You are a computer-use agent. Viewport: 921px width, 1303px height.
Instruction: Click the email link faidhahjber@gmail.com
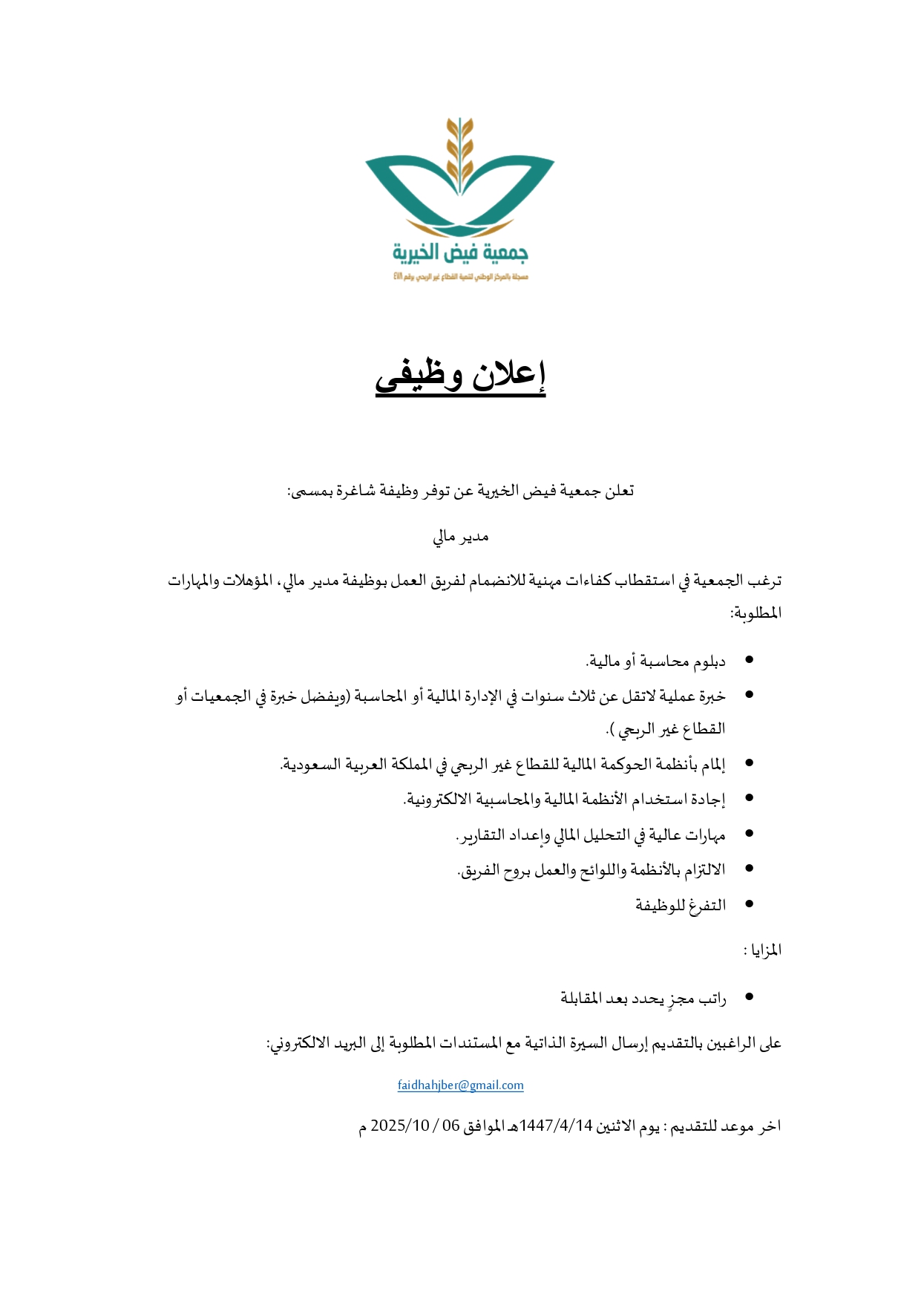[460, 1085]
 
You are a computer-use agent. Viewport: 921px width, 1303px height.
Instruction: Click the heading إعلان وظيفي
[460, 376]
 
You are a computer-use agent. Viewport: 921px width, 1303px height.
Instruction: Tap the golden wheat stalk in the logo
[460, 152]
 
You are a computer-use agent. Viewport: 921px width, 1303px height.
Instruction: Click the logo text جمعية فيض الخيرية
[460, 253]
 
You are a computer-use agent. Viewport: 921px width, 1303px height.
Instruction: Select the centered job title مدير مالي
[460, 536]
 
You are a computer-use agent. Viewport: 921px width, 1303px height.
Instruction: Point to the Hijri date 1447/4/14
[556, 1126]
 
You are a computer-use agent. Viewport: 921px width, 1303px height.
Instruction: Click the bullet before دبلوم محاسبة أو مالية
[749, 659]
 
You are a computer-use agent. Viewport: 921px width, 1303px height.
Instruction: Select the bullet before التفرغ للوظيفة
[749, 904]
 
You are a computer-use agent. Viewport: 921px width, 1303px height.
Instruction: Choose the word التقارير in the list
[481, 835]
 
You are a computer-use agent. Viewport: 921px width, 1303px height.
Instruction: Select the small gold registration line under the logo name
[460, 277]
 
